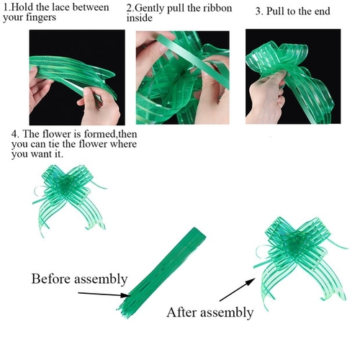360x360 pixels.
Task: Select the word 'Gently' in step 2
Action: pos(149,9)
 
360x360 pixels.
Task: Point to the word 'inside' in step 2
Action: pos(140,18)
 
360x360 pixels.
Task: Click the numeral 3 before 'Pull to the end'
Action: pos(258,12)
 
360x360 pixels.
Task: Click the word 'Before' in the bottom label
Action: pos(50,279)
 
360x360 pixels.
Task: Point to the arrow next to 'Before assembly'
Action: pos(104,294)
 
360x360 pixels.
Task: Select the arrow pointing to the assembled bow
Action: pos(238,289)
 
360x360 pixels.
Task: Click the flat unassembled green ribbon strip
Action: pos(162,273)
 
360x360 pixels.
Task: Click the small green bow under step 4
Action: pos(69,199)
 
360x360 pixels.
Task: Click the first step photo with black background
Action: pos(77,77)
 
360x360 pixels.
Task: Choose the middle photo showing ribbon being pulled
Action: pos(183,78)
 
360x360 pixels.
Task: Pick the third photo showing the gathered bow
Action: pos(293,76)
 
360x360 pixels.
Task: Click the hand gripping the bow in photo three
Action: pos(266,96)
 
